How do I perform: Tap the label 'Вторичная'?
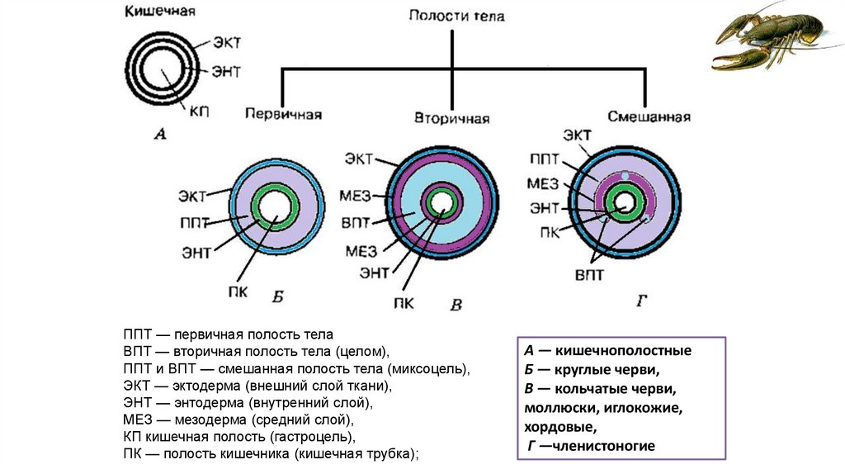point(451,118)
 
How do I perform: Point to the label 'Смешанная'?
point(649,116)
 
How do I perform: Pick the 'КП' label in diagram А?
point(199,111)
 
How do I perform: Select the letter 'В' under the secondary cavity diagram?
point(456,305)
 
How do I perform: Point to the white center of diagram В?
point(441,201)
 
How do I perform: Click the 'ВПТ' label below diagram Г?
point(588,273)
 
